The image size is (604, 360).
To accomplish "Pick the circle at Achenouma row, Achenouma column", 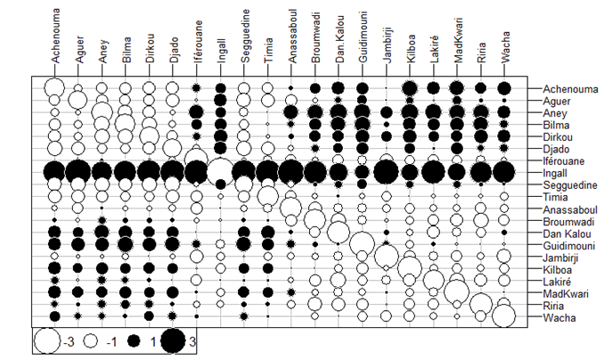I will click(55, 88).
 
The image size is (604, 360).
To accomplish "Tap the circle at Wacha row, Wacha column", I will click(504, 315).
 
